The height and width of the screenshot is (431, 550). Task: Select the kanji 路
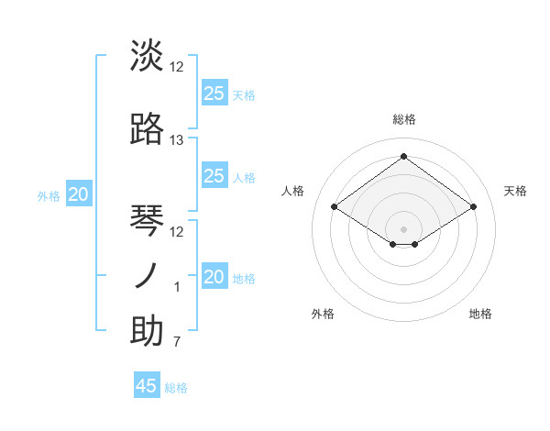[x=147, y=128]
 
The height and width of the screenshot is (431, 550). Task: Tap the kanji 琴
[x=147, y=220]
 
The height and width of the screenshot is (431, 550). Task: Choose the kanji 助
[x=147, y=331]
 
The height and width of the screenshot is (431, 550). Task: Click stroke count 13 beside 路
[x=177, y=140]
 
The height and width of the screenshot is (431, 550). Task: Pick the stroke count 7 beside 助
[x=177, y=343]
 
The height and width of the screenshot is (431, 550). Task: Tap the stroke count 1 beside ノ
[x=177, y=287]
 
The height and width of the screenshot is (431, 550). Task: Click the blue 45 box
[x=147, y=386]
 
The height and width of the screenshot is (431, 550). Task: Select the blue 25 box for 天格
[x=214, y=93]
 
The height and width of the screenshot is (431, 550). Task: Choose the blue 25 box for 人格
[x=214, y=176]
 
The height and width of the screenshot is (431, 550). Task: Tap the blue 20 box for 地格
[x=214, y=277]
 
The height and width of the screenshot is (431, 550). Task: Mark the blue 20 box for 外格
[x=79, y=194]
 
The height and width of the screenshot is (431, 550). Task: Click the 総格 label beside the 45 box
[x=176, y=388]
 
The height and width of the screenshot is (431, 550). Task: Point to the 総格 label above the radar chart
[x=403, y=119]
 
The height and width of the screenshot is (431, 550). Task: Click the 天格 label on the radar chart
[x=515, y=191]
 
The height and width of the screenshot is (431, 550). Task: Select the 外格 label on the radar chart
[x=323, y=314]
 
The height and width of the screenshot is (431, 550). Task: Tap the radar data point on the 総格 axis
[x=403, y=156]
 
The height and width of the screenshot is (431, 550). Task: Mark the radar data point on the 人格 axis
[x=335, y=207]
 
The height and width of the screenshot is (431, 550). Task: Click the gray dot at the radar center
[x=403, y=227]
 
